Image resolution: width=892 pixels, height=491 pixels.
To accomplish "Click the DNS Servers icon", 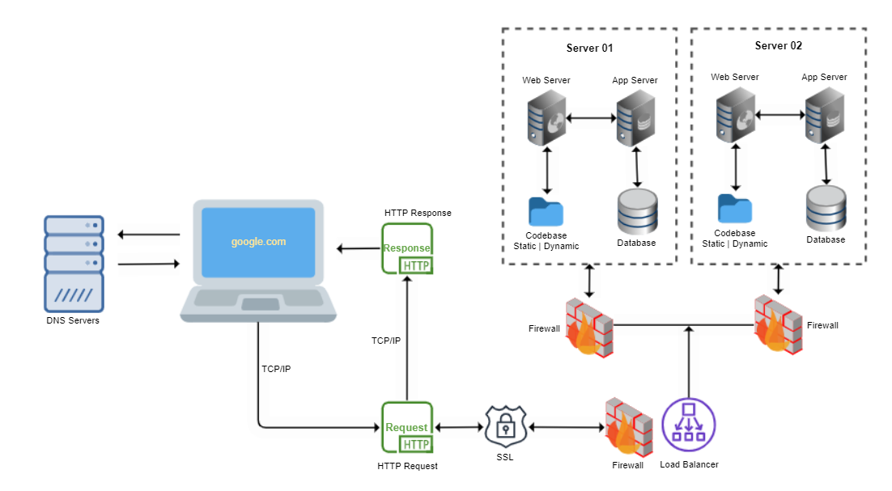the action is click(74, 264).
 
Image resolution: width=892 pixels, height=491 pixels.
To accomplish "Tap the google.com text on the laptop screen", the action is click(258, 242).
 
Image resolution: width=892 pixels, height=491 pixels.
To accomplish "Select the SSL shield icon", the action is click(506, 427).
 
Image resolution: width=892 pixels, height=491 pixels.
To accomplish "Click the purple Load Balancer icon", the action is click(688, 425).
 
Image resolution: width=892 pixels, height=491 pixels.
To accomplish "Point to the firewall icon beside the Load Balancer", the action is click(628, 427).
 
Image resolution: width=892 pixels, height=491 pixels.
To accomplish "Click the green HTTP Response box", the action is click(407, 249).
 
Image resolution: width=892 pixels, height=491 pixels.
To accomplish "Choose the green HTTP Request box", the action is click(407, 427).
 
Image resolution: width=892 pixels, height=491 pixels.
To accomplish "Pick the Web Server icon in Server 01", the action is click(546, 117).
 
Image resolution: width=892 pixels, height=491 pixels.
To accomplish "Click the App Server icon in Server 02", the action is click(824, 115).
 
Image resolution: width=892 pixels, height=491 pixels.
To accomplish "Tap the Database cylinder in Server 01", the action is click(637, 211).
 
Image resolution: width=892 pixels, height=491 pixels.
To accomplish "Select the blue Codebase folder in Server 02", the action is click(735, 209).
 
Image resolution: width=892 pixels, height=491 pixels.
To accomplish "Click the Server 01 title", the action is click(589, 49).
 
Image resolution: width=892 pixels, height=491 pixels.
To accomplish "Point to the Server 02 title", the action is click(778, 45).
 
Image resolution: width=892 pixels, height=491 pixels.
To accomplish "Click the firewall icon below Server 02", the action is click(778, 324).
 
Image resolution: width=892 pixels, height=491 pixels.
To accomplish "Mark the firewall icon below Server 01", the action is click(589, 328).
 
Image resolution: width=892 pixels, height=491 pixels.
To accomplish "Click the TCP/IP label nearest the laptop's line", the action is click(276, 369).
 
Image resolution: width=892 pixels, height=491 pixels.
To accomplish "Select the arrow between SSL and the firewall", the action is click(567, 427).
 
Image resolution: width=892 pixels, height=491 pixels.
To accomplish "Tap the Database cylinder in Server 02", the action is click(826, 209).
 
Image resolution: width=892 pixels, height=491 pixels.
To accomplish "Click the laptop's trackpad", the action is click(260, 304).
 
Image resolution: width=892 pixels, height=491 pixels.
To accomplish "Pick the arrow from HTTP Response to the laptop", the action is click(359, 248).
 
